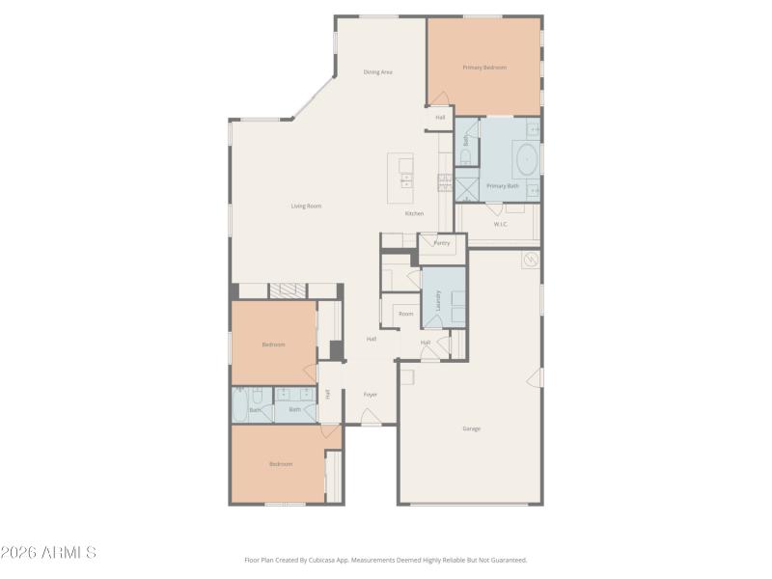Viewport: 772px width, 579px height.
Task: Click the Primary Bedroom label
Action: tap(484, 68)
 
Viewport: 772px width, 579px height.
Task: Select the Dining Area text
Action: tap(377, 72)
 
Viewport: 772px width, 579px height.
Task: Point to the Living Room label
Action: tap(307, 206)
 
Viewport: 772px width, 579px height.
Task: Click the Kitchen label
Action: tap(414, 213)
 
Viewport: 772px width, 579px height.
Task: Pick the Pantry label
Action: tap(441, 243)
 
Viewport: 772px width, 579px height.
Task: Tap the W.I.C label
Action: tap(501, 225)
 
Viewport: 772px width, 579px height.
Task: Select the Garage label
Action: tap(471, 428)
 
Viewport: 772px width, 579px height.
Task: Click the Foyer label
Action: tap(370, 395)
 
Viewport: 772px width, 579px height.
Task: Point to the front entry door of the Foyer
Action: tap(370, 417)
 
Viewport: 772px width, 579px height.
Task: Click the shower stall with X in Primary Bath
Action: tap(468, 187)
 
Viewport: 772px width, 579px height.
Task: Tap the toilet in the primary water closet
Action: tap(464, 155)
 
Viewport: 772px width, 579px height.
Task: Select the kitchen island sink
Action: tap(406, 179)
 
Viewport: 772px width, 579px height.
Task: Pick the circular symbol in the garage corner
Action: tap(530, 259)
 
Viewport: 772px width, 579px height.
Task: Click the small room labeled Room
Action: tap(406, 314)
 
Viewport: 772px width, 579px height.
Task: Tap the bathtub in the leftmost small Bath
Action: tap(239, 405)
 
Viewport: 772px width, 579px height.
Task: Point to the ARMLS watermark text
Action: tap(48, 553)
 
